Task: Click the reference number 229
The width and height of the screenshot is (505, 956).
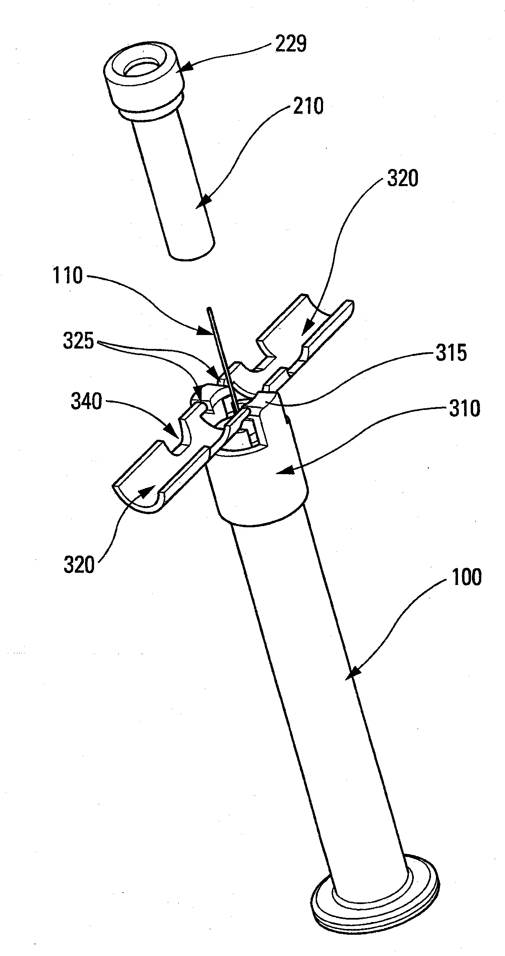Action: click(x=290, y=44)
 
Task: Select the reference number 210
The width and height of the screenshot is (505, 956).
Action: click(x=307, y=106)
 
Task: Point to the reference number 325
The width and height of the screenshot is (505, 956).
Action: click(x=79, y=340)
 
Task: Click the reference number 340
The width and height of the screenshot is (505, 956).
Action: click(x=86, y=402)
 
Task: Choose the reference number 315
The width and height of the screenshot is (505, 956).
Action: click(x=451, y=353)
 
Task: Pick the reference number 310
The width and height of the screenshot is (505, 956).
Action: click(x=465, y=408)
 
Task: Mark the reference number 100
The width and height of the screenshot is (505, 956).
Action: click(x=466, y=577)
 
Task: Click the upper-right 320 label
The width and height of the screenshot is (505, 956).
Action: click(x=402, y=179)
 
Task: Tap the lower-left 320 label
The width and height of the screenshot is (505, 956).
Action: click(x=79, y=566)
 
